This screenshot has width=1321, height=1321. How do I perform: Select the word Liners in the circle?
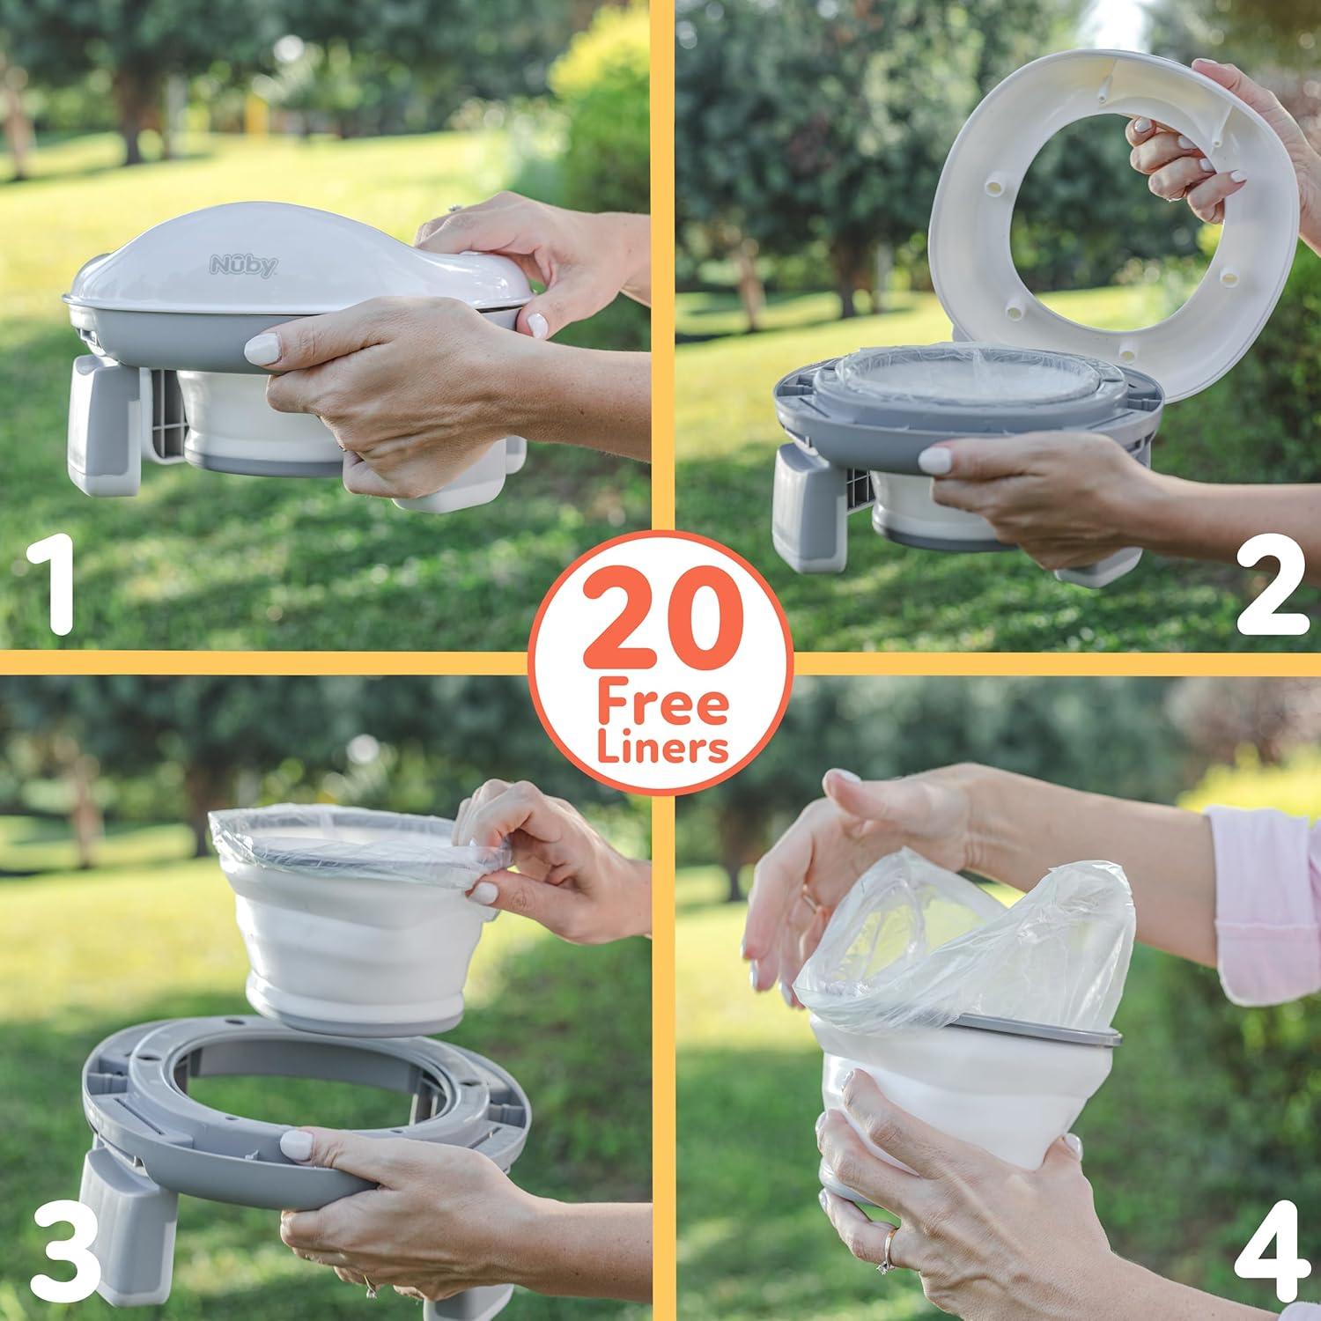pos(663,749)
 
